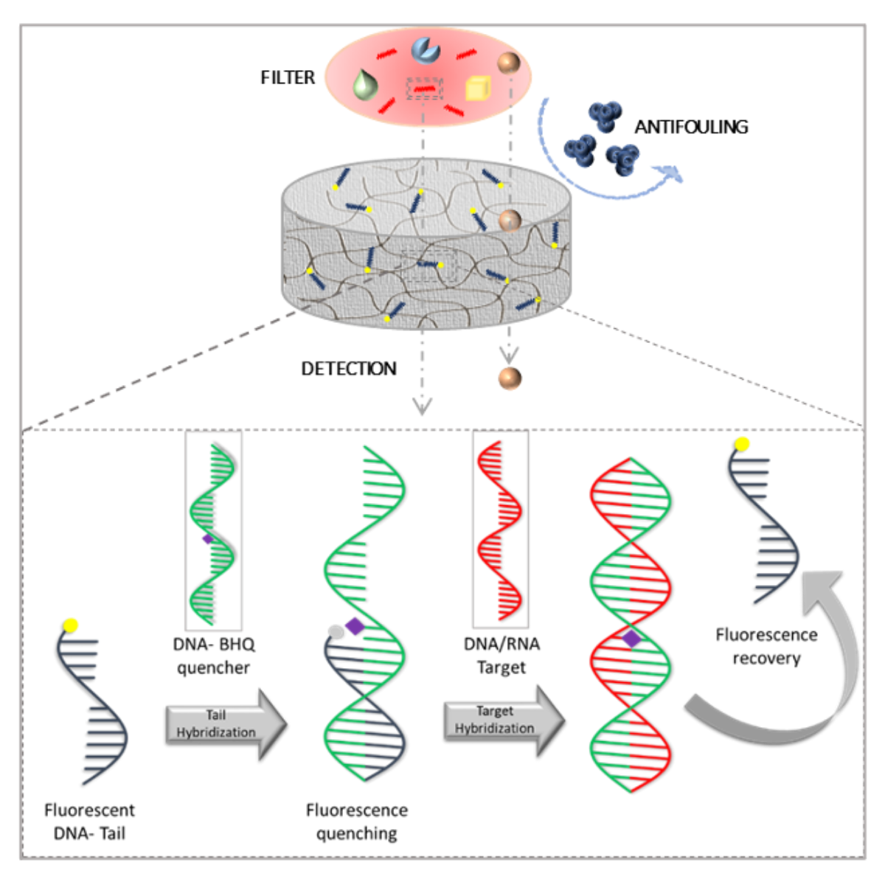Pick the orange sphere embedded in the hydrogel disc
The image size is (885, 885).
point(510,220)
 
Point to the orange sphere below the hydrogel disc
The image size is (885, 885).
point(510,378)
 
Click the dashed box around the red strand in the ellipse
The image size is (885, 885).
point(423,88)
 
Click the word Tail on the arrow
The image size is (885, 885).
point(216,715)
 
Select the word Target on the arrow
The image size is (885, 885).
point(494,712)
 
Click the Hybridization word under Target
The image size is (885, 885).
point(494,729)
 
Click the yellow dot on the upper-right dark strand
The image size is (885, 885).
point(742,443)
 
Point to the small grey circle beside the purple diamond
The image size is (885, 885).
point(336,631)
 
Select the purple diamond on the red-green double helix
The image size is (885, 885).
point(631,639)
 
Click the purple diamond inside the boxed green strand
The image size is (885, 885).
point(207,539)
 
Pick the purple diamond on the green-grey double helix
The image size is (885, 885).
point(355,626)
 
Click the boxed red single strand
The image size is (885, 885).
point(500,530)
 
